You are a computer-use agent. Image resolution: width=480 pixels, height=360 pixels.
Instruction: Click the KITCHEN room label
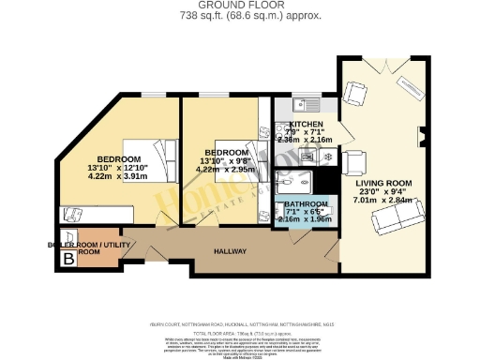click(306, 124)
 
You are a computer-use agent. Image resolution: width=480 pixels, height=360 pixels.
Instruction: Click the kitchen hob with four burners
click(307, 156)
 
